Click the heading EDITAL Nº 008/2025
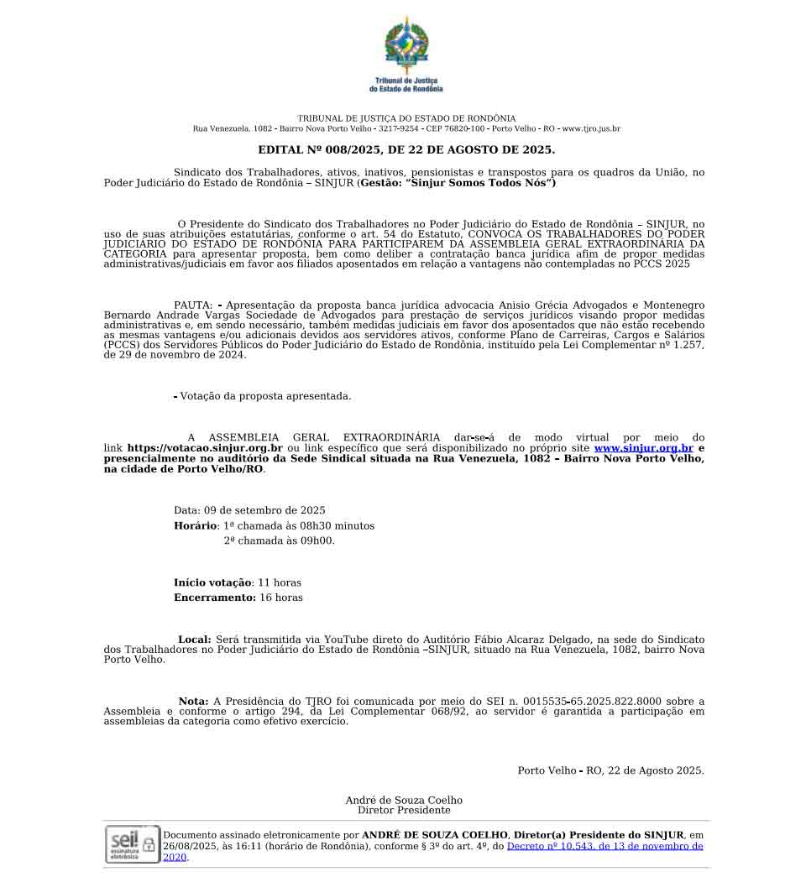[406, 150]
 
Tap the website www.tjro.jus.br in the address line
[591, 129]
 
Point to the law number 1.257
[683, 346]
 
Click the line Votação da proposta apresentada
[265, 396]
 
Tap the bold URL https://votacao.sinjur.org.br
[204, 448]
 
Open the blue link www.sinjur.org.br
[643, 448]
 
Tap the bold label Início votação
[212, 582]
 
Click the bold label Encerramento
[214, 598]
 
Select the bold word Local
[194, 639]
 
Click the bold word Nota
[193, 702]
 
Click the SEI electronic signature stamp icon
[131, 843]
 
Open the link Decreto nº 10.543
[604, 847]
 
